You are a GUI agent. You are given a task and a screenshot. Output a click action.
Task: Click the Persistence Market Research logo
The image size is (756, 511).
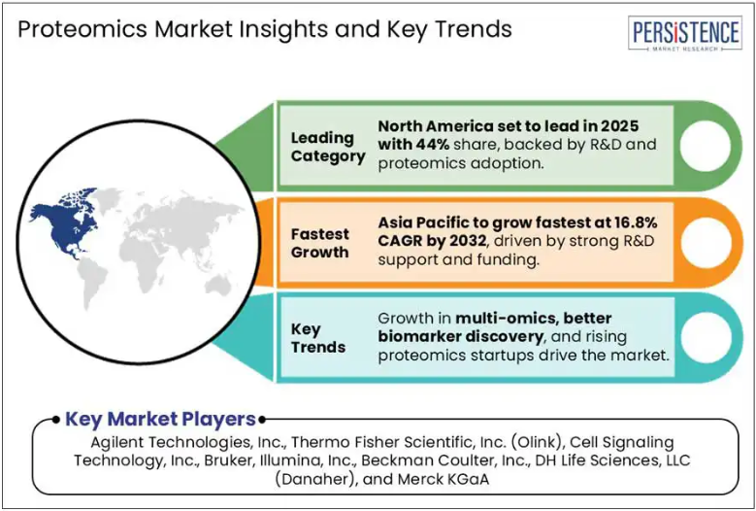685,33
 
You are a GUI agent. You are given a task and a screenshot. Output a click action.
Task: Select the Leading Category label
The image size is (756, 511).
328,147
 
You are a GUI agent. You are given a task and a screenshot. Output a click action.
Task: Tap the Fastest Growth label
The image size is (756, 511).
319,243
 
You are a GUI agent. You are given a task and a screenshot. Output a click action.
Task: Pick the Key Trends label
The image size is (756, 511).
318,338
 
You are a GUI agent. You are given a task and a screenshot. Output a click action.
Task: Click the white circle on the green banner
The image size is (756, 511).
705,146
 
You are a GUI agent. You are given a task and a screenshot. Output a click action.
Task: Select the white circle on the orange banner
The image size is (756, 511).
705,242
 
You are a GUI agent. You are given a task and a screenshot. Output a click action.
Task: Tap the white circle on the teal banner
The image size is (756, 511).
705,338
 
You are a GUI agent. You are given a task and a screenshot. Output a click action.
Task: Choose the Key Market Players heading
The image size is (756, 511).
160,420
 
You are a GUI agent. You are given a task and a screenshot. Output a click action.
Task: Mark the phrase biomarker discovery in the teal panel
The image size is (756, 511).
460,336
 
